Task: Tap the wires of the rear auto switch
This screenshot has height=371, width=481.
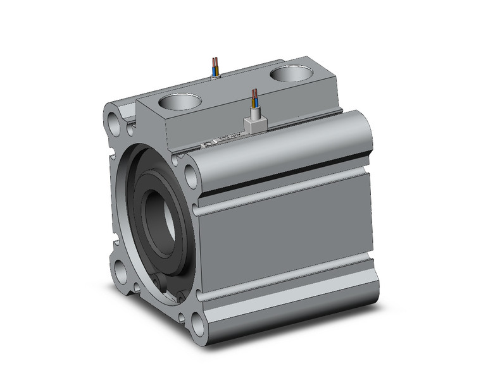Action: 216,66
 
